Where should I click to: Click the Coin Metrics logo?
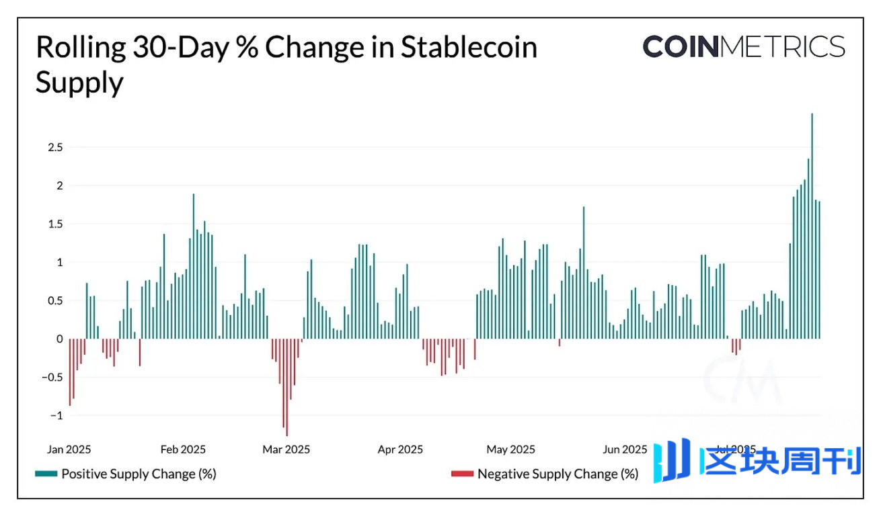coord(743,47)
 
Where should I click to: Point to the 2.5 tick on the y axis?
coord(53,147)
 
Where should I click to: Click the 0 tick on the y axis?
coord(59,339)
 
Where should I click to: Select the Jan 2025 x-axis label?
coord(69,449)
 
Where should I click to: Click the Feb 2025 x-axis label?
coord(183,449)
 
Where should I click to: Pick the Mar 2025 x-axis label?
coord(286,449)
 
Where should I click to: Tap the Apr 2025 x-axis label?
coord(399,449)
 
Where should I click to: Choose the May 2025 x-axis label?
coord(511,449)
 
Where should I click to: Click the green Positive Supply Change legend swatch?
coord(46,474)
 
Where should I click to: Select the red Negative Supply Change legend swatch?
coord(462,474)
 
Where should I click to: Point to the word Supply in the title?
coord(79,83)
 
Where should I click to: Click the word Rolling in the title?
coord(79,47)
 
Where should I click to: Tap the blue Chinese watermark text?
coord(780,462)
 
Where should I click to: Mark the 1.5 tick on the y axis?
coord(53,224)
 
